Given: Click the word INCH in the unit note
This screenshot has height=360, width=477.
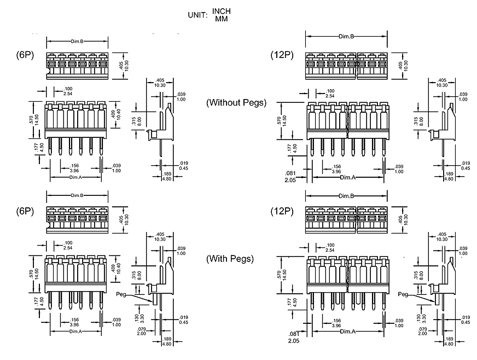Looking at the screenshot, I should pos(222,11).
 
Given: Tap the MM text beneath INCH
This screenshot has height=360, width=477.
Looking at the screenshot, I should pos(222,19).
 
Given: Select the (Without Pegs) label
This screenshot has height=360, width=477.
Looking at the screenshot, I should pos(236,102).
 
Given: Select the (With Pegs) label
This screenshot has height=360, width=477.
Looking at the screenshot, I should pos(230,259).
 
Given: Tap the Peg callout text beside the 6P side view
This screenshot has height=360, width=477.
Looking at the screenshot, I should pos(122,294).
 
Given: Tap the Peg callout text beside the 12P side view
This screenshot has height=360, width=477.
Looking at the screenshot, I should pos(404,294).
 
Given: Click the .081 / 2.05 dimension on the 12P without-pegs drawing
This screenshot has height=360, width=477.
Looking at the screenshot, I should pos(290,176).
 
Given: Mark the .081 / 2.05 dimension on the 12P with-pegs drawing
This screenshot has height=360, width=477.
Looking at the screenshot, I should pos(294,336).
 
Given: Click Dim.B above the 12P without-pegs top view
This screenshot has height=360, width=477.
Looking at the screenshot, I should pos(346,37).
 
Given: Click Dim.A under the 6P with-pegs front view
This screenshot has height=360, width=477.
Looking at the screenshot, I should pos(75,332).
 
